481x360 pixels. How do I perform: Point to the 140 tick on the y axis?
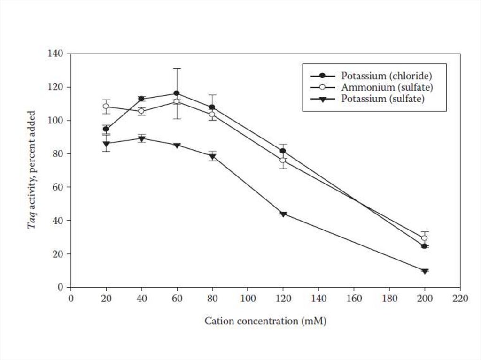[57, 54]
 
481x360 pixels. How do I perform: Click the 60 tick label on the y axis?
[59, 187]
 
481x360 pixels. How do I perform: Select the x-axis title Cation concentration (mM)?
[265, 322]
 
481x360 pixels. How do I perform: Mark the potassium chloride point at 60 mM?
[177, 93]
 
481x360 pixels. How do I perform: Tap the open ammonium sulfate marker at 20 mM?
[106, 106]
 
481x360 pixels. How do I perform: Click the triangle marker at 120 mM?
[283, 214]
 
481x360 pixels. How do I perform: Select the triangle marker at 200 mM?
[425, 271]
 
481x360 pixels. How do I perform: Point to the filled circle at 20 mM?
[106, 129]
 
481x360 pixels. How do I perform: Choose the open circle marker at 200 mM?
[425, 238]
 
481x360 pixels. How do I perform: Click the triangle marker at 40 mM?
[141, 138]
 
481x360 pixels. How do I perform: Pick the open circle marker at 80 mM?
[212, 114]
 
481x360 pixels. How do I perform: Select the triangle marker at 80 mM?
[212, 157]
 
